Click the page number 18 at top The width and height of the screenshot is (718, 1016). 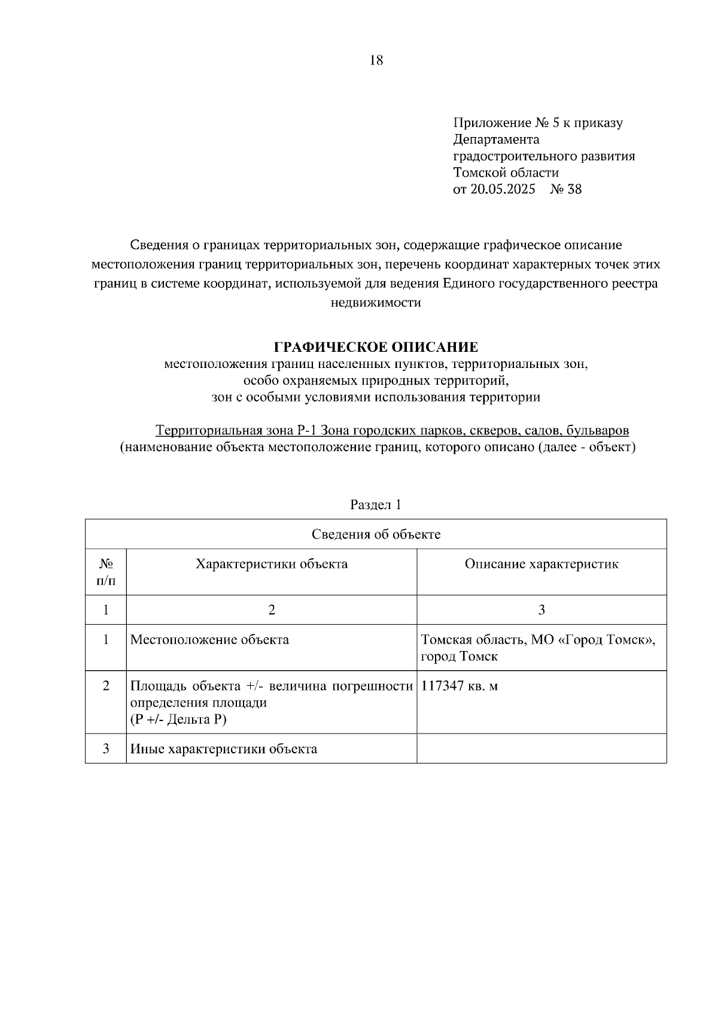[x=376, y=60]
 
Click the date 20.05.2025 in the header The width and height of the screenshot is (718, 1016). [x=502, y=190]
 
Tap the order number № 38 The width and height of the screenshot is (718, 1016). [x=565, y=190]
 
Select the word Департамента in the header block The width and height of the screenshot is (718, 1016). [x=496, y=139]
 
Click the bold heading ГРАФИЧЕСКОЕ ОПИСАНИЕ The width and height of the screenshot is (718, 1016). [x=376, y=347]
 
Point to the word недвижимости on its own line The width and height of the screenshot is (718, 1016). [x=376, y=303]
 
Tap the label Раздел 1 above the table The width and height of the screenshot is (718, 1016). [x=376, y=504]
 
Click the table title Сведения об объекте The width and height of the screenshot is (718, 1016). [x=376, y=534]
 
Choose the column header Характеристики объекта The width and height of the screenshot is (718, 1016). [x=272, y=564]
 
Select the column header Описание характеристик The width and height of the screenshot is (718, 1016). [x=541, y=564]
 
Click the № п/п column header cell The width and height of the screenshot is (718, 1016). [x=106, y=572]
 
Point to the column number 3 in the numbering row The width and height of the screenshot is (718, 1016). [x=541, y=610]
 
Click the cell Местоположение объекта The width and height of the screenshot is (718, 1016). [x=209, y=640]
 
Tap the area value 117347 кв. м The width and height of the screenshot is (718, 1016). [x=459, y=686]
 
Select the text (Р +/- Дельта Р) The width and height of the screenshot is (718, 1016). [x=178, y=720]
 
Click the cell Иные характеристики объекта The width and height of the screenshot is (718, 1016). [x=224, y=749]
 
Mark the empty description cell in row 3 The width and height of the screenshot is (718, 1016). [x=541, y=749]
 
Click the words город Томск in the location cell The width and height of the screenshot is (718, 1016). [x=459, y=656]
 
